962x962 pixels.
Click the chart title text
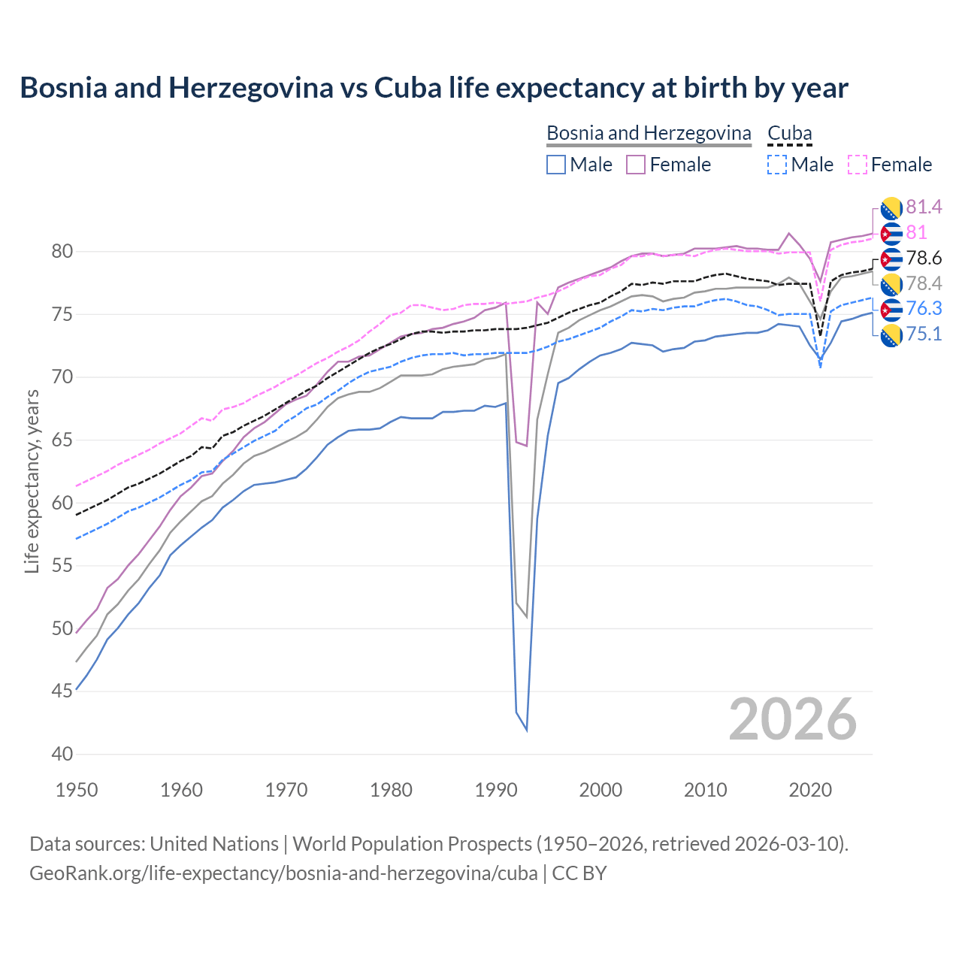tap(434, 88)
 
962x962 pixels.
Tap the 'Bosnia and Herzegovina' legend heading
tap(649, 133)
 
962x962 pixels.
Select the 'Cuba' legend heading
tap(789, 133)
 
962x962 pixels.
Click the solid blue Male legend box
tap(556, 165)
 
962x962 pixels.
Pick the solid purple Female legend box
tap(636, 165)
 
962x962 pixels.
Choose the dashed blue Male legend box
tap(777, 165)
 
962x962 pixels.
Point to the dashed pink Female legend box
tap(857, 165)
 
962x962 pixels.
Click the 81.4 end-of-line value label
tap(924, 207)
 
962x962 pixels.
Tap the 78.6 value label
tap(924, 259)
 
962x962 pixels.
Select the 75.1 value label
tap(924, 334)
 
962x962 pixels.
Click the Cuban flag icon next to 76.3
tap(891, 309)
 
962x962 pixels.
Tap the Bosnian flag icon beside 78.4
tap(891, 284)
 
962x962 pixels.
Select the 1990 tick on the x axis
tap(496, 790)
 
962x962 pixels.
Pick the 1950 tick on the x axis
tap(77, 790)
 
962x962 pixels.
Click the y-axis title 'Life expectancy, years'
tap(32, 481)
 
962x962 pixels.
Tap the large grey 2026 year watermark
tap(792, 719)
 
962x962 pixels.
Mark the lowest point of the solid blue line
tap(526, 730)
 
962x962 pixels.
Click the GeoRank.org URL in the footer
tap(283, 873)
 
